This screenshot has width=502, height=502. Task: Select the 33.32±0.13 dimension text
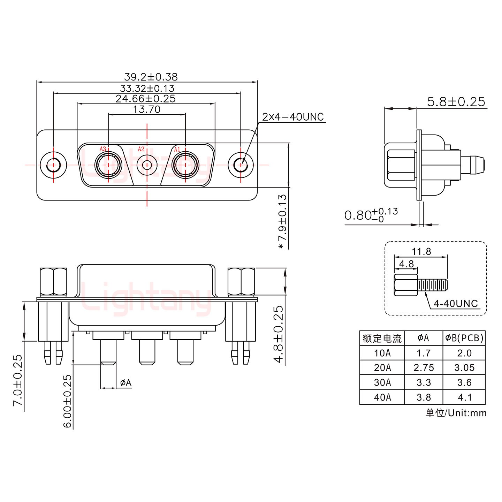coord(147,88)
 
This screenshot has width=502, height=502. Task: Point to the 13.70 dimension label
coord(147,109)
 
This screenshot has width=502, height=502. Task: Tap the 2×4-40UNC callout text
coord(293,117)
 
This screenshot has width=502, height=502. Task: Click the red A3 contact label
coord(102,149)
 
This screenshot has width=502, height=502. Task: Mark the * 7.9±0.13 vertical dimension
coord(282,222)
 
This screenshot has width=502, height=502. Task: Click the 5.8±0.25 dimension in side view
coord(456,101)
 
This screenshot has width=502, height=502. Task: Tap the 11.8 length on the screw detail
coord(421,251)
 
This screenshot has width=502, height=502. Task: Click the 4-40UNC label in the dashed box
coord(455,304)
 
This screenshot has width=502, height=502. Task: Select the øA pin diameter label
coord(126,383)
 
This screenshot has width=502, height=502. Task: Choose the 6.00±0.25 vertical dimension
coord(68,401)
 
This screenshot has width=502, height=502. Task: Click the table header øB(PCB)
coord(464,338)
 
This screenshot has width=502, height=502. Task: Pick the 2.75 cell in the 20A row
coord(424,368)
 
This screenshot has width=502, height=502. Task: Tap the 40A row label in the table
coord(382,397)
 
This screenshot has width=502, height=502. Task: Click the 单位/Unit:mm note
coord(456,413)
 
